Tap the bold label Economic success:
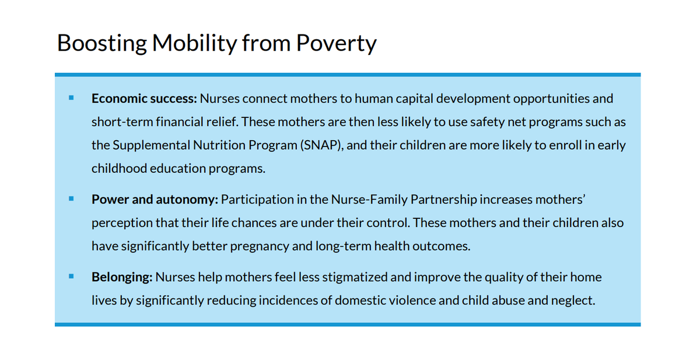point(144,98)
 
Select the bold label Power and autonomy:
point(155,200)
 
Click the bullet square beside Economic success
point(71,98)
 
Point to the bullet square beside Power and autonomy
point(71,199)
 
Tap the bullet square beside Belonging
point(71,276)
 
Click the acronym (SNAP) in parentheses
point(321,145)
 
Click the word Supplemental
point(146,145)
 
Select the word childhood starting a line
point(118,169)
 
